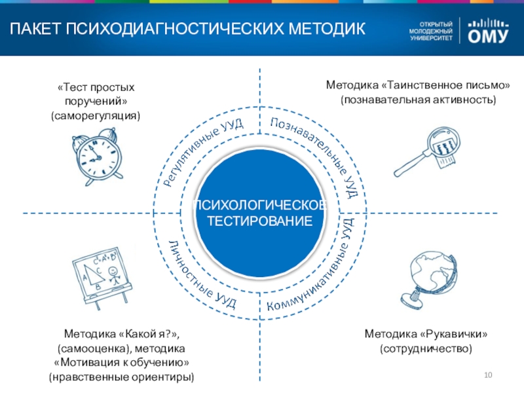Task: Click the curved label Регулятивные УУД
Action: click(x=202, y=152)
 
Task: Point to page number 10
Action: click(x=487, y=374)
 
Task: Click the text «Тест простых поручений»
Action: click(x=96, y=94)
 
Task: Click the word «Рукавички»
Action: click(x=451, y=335)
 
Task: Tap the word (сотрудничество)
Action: click(x=426, y=349)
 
